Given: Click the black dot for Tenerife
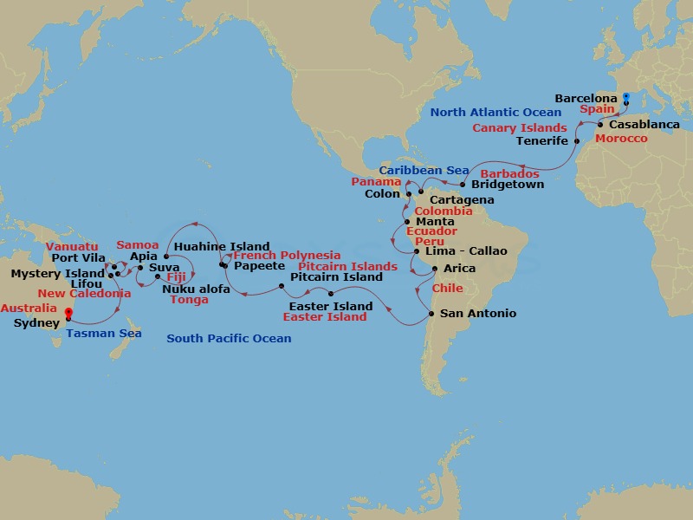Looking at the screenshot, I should pyautogui.click(x=577, y=140).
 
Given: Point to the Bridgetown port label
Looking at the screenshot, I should pyautogui.click(x=507, y=185).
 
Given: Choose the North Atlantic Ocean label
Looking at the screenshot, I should pyautogui.click(x=496, y=113).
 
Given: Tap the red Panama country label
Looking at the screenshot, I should pyautogui.click(x=373, y=182).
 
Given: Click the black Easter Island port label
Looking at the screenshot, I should pyautogui.click(x=331, y=306).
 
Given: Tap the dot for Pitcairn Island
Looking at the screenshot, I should pyautogui.click(x=282, y=285).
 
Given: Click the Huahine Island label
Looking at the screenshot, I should pyautogui.click(x=222, y=247).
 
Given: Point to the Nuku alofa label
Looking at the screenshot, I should pyautogui.click(x=197, y=289).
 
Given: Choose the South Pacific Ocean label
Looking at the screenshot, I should pyautogui.click(x=229, y=339).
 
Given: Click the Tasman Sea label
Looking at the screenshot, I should pyautogui.click(x=104, y=334).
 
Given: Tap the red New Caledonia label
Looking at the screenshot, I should pyautogui.click(x=84, y=295).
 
